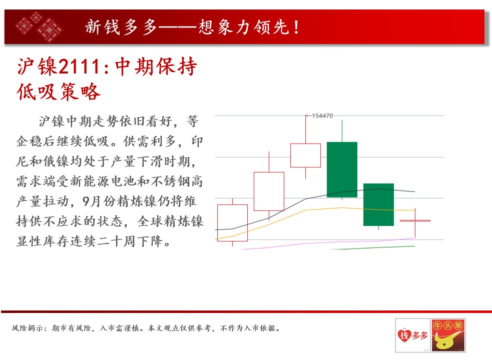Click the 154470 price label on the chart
(x=322, y=115)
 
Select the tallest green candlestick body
(x=342, y=169)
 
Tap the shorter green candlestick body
(x=378, y=204)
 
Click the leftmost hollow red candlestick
(x=233, y=223)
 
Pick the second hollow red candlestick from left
(x=269, y=191)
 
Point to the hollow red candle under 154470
(x=306, y=155)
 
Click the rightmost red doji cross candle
(x=415, y=221)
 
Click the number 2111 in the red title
(x=79, y=66)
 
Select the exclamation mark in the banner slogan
(x=296, y=27)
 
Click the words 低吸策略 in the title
(x=59, y=91)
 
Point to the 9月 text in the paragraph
(x=91, y=201)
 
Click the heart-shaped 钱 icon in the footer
(x=404, y=335)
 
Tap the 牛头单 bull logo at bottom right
(x=448, y=335)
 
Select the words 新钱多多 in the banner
(x=121, y=27)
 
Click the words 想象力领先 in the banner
(x=244, y=27)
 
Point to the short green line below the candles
(x=372, y=247)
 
